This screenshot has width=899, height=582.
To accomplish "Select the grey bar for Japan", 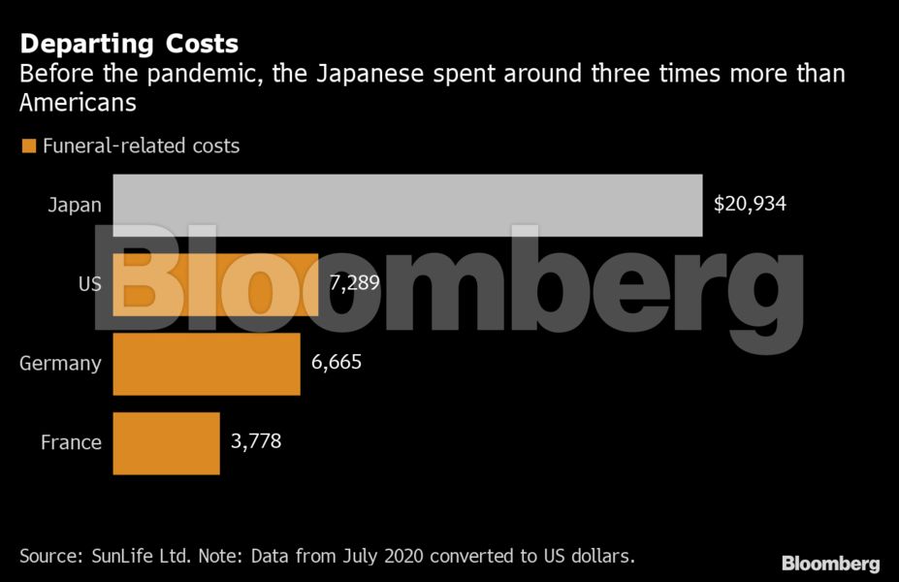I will tap(407, 205).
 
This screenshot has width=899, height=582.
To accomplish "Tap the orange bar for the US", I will tap(215, 284).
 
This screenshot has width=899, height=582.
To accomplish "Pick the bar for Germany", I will tap(207, 364).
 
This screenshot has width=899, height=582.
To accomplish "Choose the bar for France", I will tap(167, 443).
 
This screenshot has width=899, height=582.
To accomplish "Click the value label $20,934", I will tap(750, 205).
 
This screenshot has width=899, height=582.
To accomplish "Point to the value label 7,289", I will tap(354, 284).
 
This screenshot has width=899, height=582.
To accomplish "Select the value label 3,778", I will tap(256, 443).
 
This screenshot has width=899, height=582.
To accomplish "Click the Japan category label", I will tap(75, 205).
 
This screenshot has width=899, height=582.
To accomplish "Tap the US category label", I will tap(89, 284).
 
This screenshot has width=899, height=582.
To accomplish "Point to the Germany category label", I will tap(60, 364).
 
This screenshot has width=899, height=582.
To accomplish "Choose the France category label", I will tap(71, 443).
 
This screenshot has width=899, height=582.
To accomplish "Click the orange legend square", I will tap(28, 146).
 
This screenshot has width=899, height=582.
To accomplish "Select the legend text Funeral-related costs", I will tap(141, 146).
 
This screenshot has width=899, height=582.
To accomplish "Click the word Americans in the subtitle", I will tap(77, 102).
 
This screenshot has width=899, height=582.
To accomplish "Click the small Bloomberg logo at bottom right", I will tap(831, 564).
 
